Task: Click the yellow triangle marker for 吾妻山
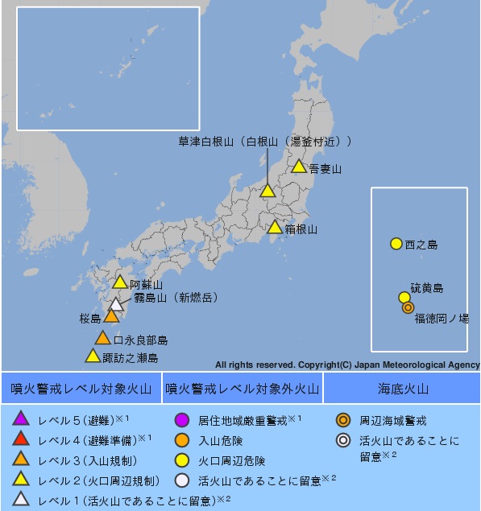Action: click(298, 167)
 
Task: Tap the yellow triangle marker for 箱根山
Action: click(276, 228)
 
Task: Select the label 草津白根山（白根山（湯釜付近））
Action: click(265, 142)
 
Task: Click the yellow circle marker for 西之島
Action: click(396, 243)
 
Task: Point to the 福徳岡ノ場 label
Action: click(442, 319)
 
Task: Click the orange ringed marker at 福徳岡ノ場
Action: click(408, 307)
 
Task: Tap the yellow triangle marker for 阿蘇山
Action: click(120, 282)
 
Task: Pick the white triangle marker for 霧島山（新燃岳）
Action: click(117, 305)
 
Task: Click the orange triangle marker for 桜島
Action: click(111, 316)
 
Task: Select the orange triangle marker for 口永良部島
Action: click(102, 338)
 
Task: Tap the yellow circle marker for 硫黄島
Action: click(404, 297)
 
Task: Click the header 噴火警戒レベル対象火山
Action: click(81, 389)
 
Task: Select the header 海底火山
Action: click(403, 389)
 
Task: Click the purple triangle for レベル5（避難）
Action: click(22, 418)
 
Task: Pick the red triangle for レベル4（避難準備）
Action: click(22, 439)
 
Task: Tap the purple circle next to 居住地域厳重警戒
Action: click(181, 419)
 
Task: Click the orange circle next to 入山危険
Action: click(181, 440)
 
